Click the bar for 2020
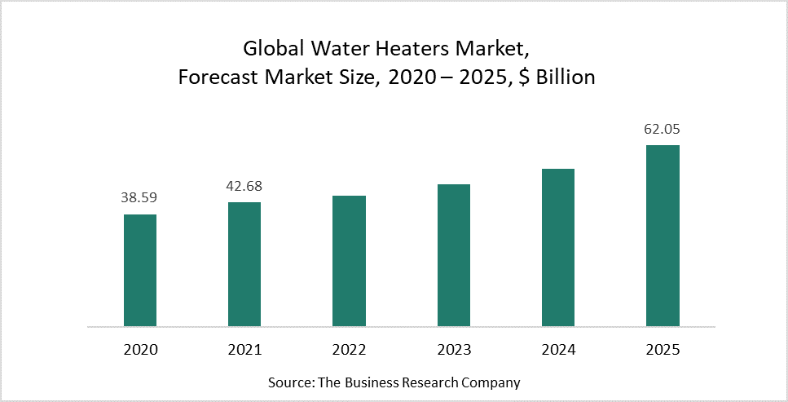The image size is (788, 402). (140, 270)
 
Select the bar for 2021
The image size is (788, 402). (244, 264)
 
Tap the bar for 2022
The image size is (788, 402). (349, 261)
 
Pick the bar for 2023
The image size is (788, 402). (454, 255)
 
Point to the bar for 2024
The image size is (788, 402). (558, 247)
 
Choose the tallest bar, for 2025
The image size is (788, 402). (663, 236)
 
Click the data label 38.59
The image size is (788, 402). (140, 197)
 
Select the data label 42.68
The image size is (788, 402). (244, 186)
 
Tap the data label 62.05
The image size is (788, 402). (663, 128)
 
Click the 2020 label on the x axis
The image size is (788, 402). (140, 350)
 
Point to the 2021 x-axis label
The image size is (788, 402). (244, 350)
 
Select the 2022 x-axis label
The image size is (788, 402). (349, 350)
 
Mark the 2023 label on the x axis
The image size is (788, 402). (454, 350)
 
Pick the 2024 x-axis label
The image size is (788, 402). (558, 350)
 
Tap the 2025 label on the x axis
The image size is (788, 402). (663, 350)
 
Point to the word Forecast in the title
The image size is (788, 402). (215, 78)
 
